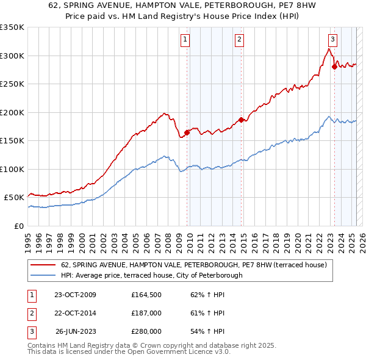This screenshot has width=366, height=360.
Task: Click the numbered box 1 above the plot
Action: point(184,40)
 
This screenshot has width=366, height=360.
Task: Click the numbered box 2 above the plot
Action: point(239,40)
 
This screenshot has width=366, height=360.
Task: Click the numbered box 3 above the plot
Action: point(332,40)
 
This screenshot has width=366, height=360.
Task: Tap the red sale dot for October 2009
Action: point(187,132)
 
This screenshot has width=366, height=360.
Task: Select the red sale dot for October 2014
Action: point(242,120)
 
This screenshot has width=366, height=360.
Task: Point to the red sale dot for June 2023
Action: point(334,67)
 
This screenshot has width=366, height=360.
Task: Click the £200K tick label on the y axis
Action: point(12,112)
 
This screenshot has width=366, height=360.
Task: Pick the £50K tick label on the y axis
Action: point(15,198)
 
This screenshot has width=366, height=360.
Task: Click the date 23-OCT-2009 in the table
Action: point(75,295)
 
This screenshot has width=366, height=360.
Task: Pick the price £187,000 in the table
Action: point(146,313)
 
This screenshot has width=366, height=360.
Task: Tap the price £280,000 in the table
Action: point(146,331)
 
